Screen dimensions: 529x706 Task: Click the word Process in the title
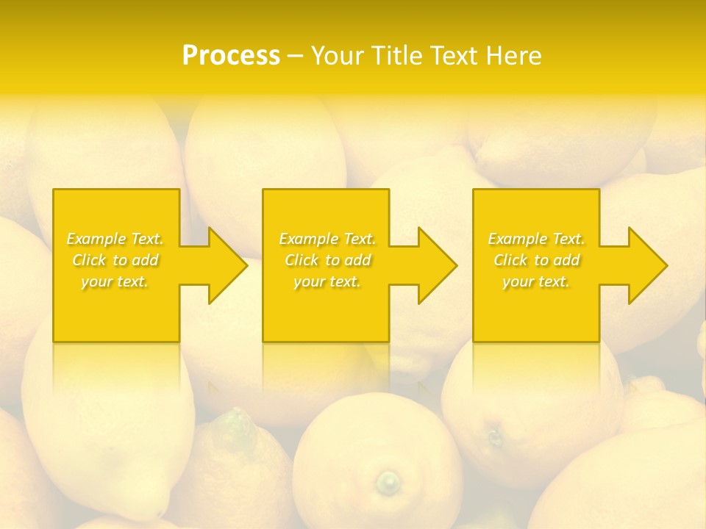click(x=231, y=56)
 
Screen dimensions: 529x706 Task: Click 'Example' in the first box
click(x=96, y=239)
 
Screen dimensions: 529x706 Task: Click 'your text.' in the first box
click(x=115, y=281)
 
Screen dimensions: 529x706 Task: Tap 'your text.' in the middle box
click(x=327, y=281)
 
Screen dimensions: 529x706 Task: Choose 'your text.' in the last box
click(x=536, y=281)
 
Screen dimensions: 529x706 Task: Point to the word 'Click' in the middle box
click(x=301, y=260)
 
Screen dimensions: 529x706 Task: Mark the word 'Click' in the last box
click(x=510, y=260)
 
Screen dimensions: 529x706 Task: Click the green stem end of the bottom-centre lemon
click(x=388, y=483)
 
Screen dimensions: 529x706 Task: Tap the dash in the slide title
click(x=295, y=57)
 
